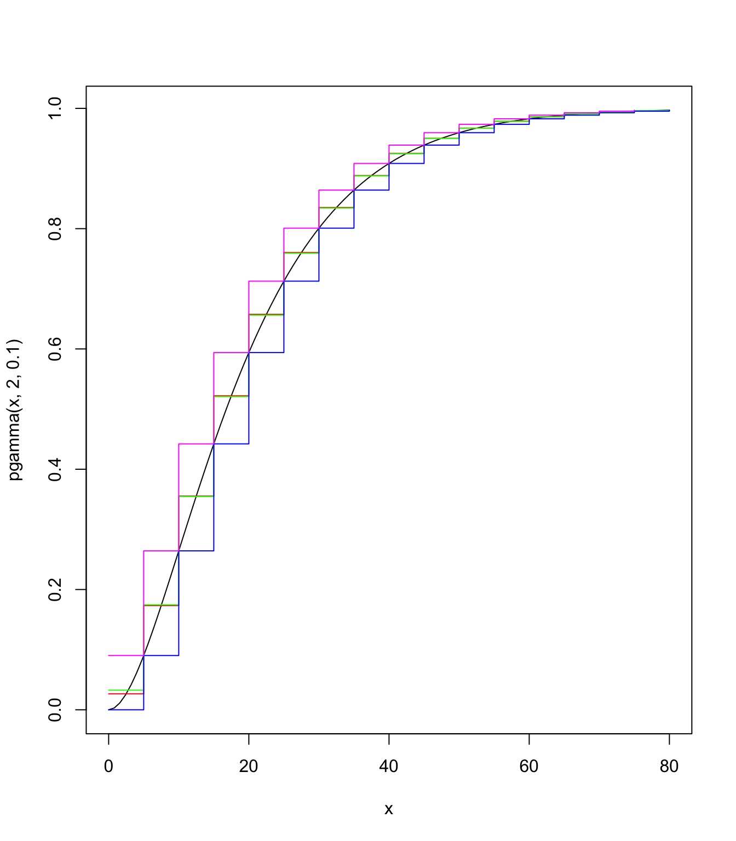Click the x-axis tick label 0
pos(108,767)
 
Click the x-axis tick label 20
pos(249,767)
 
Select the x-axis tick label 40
pos(389,767)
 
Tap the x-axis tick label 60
pos(529,767)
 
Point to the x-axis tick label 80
pos(669,767)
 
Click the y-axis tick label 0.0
pos(55,710)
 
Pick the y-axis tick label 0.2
pos(55,590)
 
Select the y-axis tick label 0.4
pos(55,469)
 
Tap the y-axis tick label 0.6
pos(55,349)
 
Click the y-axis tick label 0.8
pos(55,229)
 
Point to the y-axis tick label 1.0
pos(55,108)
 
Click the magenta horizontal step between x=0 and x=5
pos(126,655)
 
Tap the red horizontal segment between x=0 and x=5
pos(126,694)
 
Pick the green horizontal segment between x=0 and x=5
pos(126,690)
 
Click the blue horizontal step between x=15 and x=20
pos(231,443)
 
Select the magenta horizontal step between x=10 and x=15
pos(196,443)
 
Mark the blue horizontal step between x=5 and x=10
pos(161,655)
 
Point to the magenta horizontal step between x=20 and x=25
pos(266,281)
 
